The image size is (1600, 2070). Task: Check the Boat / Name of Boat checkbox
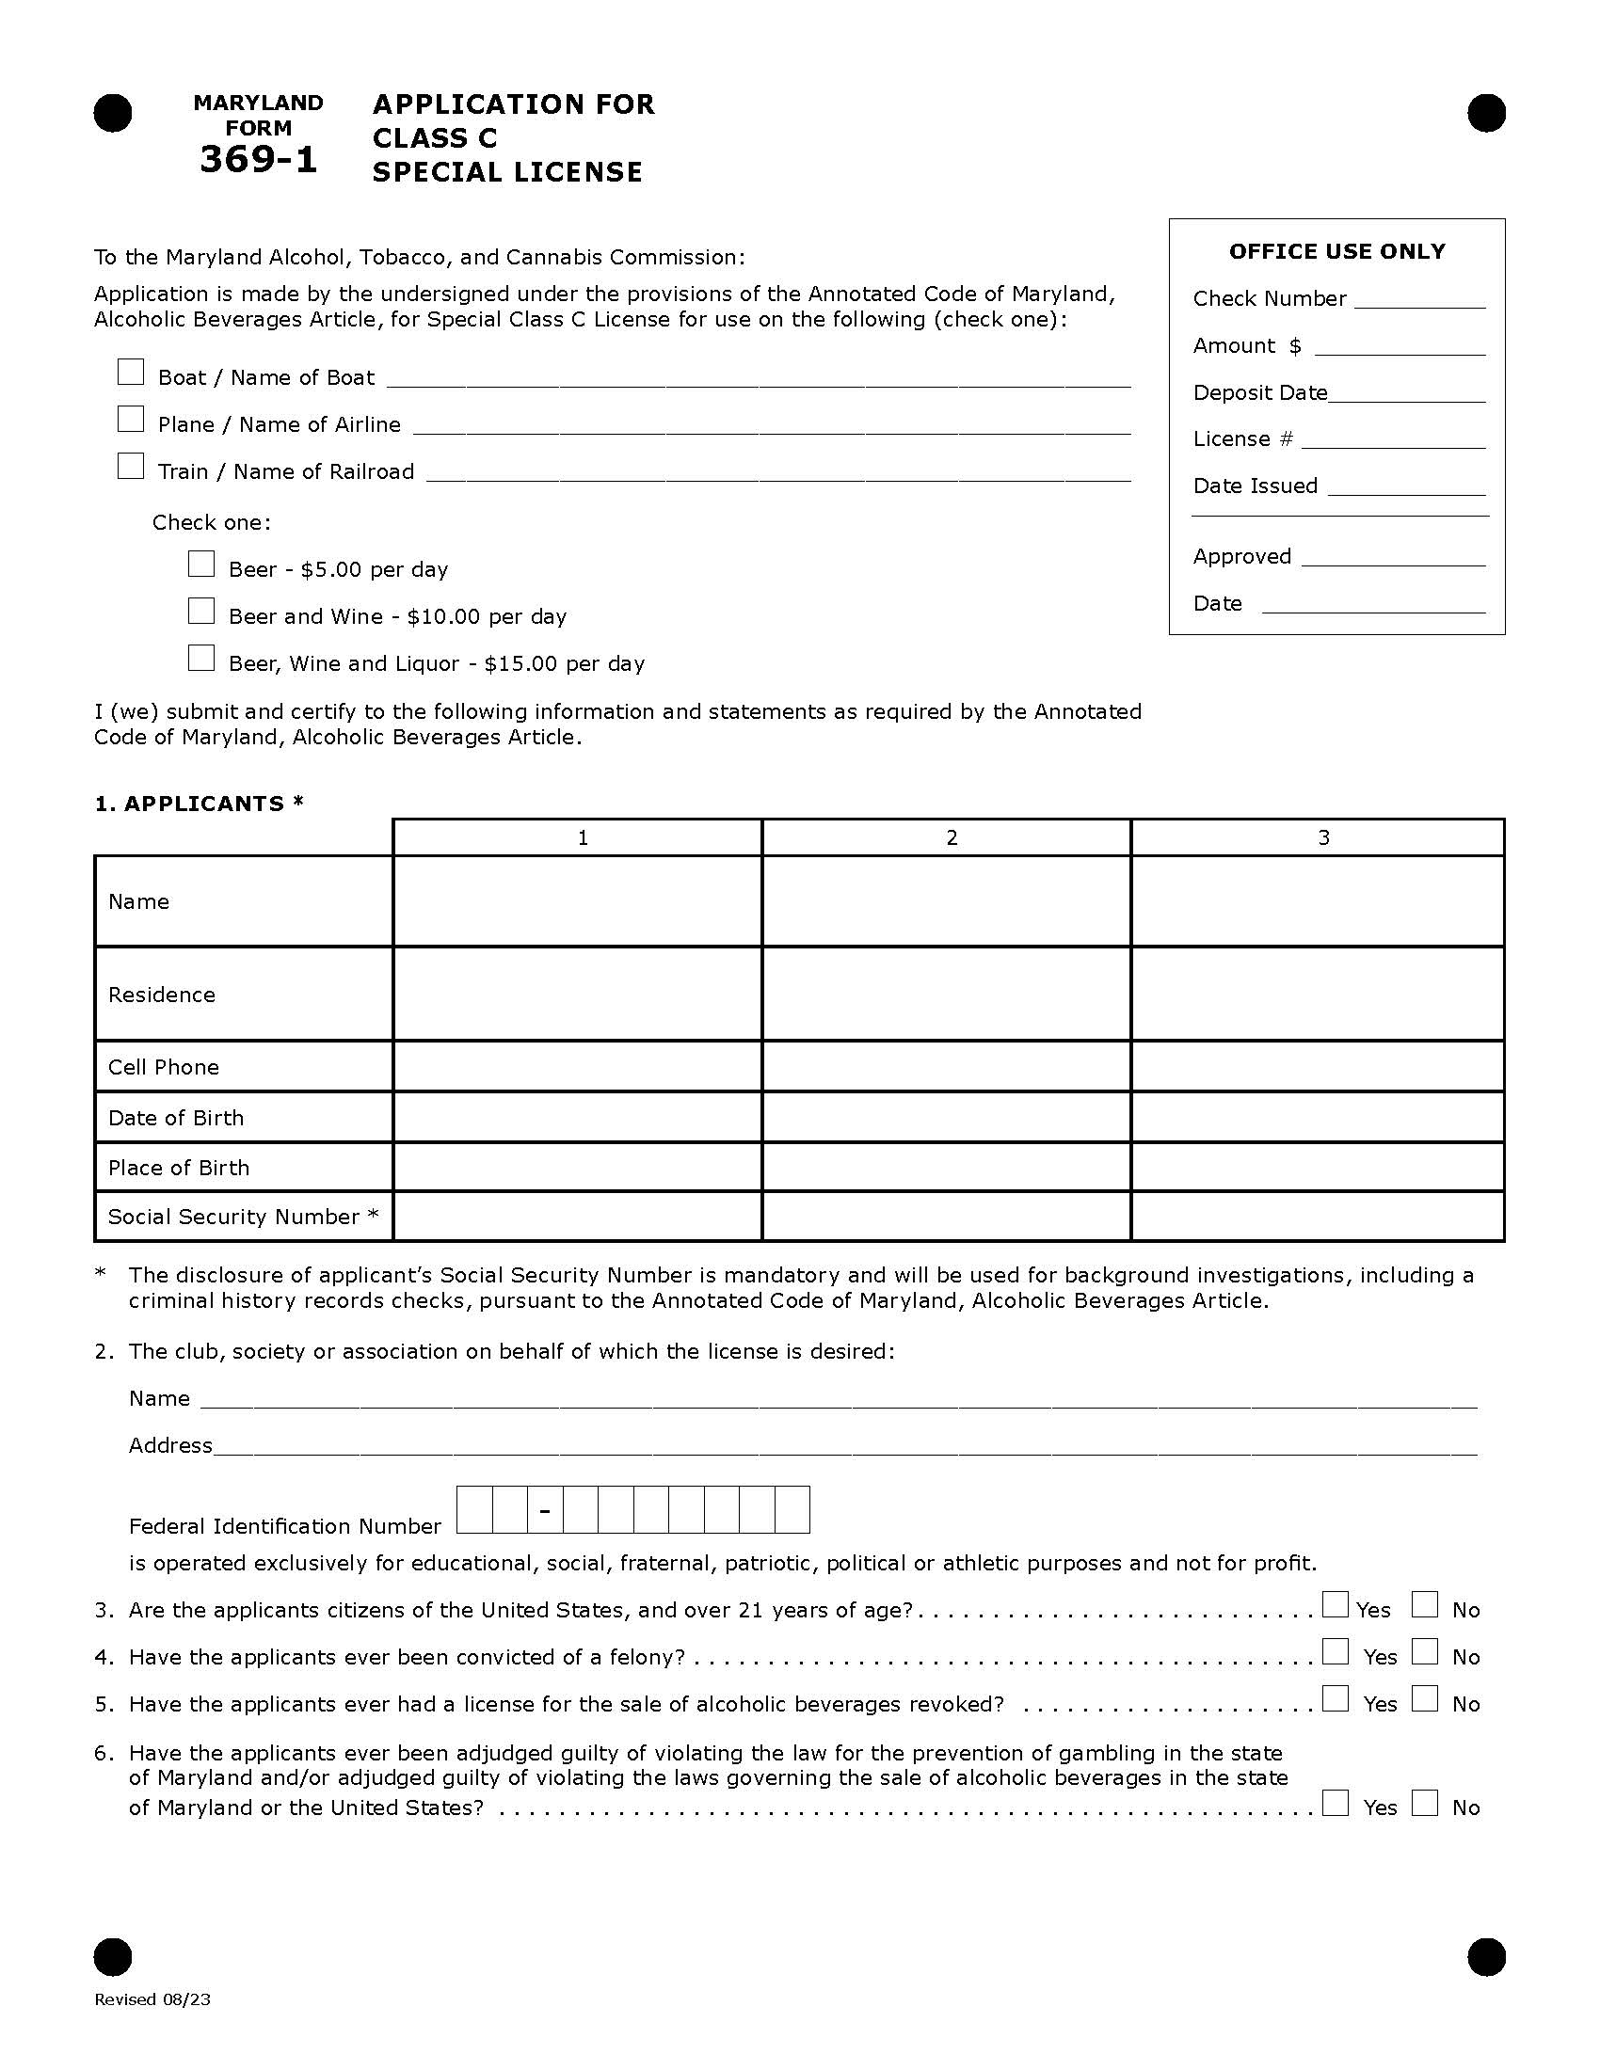pyautogui.click(x=131, y=372)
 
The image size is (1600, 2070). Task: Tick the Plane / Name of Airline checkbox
pyautogui.click(x=131, y=419)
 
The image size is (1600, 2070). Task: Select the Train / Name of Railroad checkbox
pyautogui.click(x=131, y=467)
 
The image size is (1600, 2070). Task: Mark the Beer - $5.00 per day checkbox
pyautogui.click(x=201, y=564)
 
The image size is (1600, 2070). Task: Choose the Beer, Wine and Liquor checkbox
pyautogui.click(x=201, y=658)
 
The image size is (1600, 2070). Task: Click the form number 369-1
pyautogui.click(x=258, y=159)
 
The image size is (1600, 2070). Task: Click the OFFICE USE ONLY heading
pyautogui.click(x=1336, y=251)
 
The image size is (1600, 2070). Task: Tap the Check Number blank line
pyautogui.click(x=1419, y=301)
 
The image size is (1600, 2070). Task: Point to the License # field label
pyautogui.click(x=1242, y=438)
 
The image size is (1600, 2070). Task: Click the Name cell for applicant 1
pyautogui.click(x=576, y=900)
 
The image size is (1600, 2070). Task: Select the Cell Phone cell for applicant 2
pyautogui.click(x=946, y=1066)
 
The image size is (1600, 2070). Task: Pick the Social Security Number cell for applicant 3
pyautogui.click(x=1317, y=1216)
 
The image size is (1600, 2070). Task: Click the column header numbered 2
pyautogui.click(x=952, y=837)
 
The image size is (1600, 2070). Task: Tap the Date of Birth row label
pyautogui.click(x=176, y=1118)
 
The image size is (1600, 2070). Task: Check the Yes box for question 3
pyautogui.click(x=1336, y=1604)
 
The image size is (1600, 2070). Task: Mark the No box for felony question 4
pyautogui.click(x=1424, y=1652)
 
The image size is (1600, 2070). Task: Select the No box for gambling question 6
pyautogui.click(x=1424, y=1803)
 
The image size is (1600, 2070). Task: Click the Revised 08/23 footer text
pyautogui.click(x=152, y=1999)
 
